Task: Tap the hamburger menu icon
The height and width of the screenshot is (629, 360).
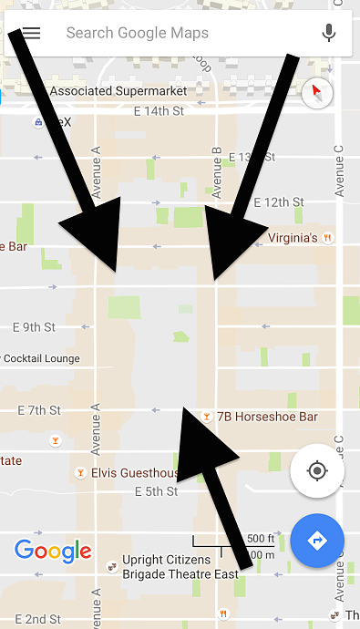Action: click(32, 34)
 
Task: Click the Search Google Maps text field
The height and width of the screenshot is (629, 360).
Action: click(164, 34)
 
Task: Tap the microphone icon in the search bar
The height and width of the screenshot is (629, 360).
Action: click(329, 34)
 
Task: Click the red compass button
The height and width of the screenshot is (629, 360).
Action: click(317, 92)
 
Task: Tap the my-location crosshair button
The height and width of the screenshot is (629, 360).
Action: click(316, 470)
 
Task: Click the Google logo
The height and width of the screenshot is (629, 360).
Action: click(53, 551)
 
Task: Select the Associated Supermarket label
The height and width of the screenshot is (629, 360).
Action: click(118, 91)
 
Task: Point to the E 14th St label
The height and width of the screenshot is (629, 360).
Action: click(159, 111)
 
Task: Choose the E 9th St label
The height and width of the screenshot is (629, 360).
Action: click(34, 326)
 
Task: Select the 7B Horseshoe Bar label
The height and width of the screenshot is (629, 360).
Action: click(267, 417)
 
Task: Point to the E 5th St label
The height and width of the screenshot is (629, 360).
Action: click(158, 491)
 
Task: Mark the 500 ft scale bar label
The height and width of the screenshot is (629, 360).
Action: click(261, 537)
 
